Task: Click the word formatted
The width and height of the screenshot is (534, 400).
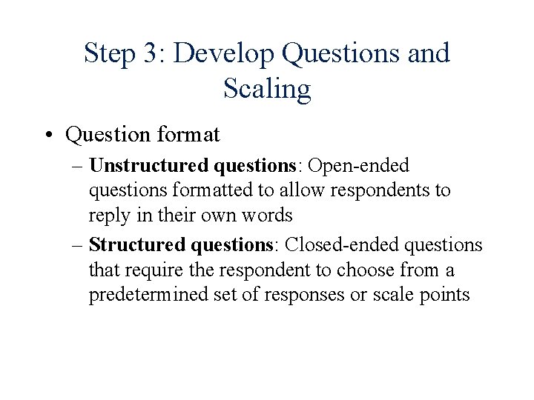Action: (208, 191)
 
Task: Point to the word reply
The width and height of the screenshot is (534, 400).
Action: (108, 216)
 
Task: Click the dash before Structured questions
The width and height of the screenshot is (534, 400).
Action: (76, 244)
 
